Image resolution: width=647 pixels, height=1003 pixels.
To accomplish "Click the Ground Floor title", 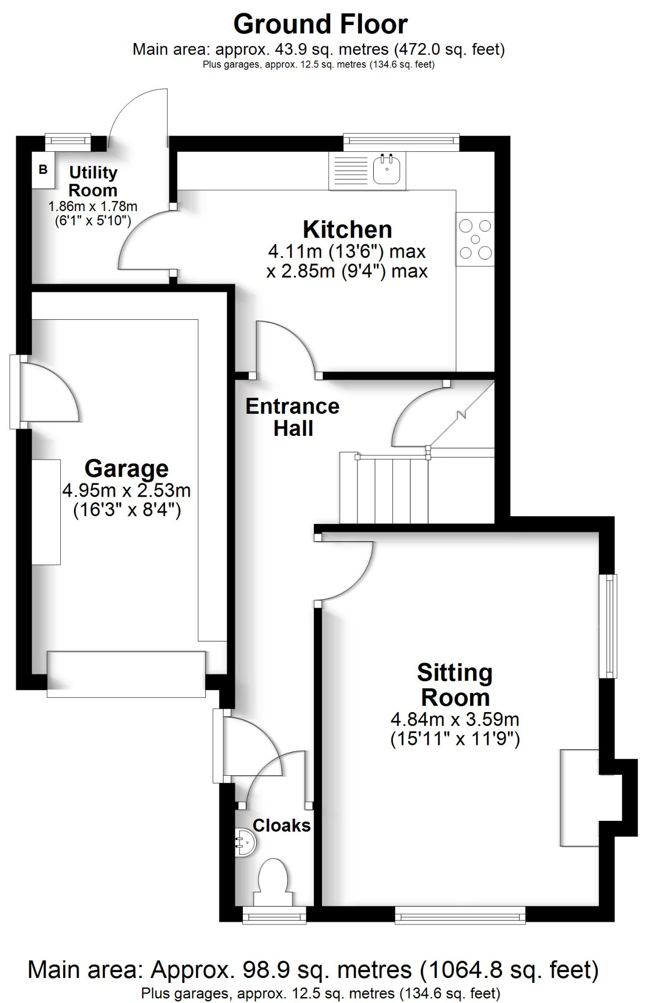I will (x=320, y=24).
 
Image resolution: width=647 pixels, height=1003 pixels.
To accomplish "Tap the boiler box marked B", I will (x=43, y=170).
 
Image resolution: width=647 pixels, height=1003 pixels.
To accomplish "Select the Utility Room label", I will (x=93, y=181).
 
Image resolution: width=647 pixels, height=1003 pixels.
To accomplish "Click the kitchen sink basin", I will (x=387, y=170).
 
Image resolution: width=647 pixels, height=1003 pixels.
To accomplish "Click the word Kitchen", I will (x=347, y=230).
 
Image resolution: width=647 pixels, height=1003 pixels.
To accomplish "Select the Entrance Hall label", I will (x=292, y=417).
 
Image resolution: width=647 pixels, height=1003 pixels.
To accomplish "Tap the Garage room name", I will (x=126, y=469).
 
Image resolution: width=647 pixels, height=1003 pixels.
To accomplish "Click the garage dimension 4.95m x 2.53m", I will (x=126, y=490).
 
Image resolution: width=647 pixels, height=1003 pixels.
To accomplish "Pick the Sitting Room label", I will (x=455, y=685).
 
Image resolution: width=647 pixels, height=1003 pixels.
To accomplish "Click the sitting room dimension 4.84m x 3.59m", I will (x=455, y=719).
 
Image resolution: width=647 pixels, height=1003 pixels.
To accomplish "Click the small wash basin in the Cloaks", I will (x=245, y=842).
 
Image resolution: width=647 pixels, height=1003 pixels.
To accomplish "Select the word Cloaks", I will (x=282, y=826).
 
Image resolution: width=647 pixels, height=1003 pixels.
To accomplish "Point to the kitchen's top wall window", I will (x=401, y=142).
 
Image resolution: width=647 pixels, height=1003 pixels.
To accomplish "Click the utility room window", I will (x=68, y=142).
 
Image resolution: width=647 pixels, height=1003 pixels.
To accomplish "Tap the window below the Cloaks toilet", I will (x=274, y=915).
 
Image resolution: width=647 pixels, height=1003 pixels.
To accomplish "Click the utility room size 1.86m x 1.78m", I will (x=93, y=207).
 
